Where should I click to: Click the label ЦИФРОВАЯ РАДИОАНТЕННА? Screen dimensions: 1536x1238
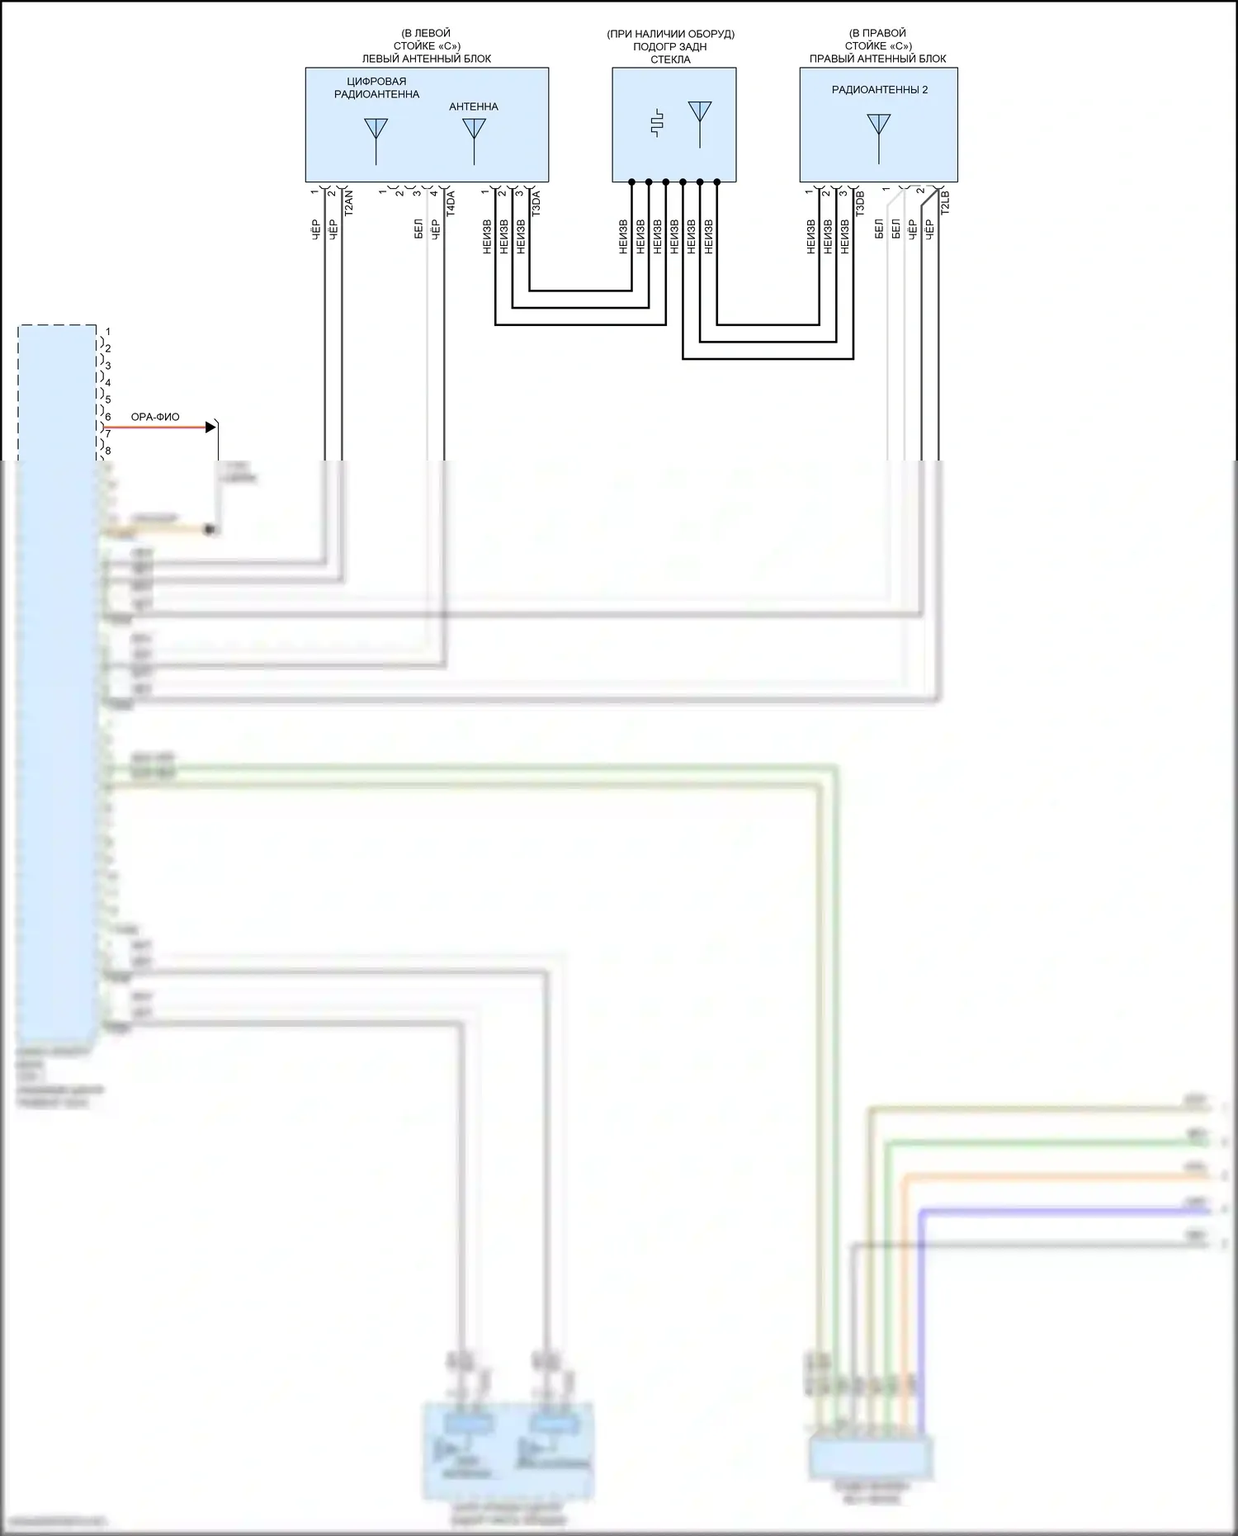pos(376,87)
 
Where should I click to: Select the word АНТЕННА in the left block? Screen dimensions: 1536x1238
pos(474,106)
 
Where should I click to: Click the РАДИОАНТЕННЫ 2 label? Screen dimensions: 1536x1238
pos(879,90)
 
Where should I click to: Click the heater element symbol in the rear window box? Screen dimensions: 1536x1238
pos(657,123)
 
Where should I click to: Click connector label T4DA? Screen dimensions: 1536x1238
pos(451,203)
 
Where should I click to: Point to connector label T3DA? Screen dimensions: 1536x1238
pos(536,203)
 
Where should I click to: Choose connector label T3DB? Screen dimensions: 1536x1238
pos(860,203)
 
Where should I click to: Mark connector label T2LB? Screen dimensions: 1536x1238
pos(946,203)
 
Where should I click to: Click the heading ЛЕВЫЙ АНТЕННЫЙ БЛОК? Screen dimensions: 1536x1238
pos(427,59)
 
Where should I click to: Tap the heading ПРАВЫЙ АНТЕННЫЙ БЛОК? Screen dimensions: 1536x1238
pos(877,59)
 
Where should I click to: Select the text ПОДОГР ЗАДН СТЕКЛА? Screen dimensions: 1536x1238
pos(670,53)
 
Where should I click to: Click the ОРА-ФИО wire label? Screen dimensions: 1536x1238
pos(155,417)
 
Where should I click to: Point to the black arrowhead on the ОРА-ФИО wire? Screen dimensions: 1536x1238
pos(210,427)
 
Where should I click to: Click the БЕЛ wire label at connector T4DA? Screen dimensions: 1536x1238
pos(418,229)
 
